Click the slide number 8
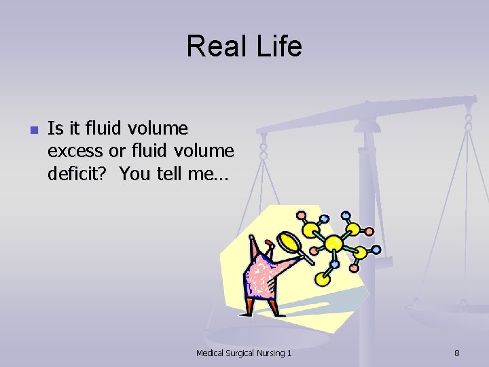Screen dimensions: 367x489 (x=457, y=353)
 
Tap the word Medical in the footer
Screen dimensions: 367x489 (x=211, y=353)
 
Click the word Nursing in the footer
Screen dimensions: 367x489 (x=274, y=353)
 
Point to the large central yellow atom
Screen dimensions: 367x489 (x=333, y=243)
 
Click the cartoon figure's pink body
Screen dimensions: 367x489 (x=265, y=277)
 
